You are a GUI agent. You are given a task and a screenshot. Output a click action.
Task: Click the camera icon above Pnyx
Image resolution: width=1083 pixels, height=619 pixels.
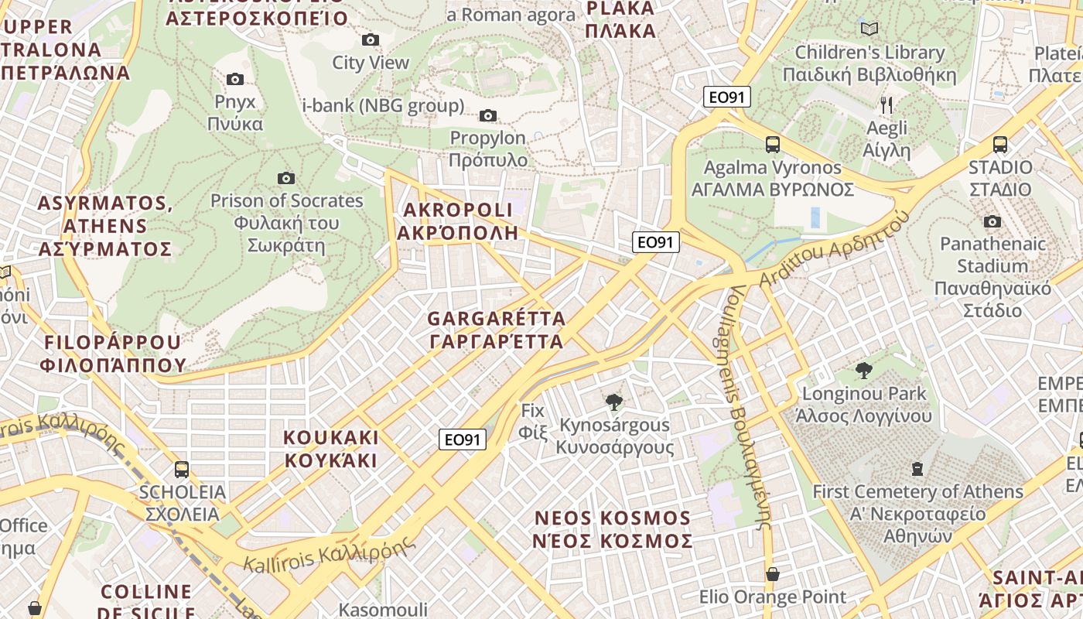click(x=235, y=79)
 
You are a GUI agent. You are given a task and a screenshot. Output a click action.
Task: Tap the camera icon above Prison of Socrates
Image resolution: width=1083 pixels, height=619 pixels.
click(x=286, y=178)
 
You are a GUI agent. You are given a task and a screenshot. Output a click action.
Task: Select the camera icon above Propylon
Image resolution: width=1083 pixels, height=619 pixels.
click(x=487, y=116)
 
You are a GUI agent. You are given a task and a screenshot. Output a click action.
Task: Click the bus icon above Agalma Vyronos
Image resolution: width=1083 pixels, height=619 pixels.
click(x=772, y=144)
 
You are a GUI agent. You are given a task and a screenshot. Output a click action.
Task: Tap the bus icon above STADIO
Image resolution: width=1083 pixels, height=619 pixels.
click(x=999, y=144)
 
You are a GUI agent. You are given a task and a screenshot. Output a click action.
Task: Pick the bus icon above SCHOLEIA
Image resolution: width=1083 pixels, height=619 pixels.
click(x=182, y=469)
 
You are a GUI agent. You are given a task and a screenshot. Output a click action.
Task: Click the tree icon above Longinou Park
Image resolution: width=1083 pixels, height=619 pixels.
click(x=863, y=371)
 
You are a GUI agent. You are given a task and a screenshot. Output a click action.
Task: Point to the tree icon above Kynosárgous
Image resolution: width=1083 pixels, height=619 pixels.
click(x=614, y=402)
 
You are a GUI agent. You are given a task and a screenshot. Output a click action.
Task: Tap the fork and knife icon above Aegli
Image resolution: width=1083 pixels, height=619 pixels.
click(x=887, y=105)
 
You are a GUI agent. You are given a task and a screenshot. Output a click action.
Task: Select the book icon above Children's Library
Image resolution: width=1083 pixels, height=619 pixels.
click(x=869, y=29)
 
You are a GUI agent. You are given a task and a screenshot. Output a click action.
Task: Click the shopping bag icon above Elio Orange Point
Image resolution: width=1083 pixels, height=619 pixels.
click(x=772, y=574)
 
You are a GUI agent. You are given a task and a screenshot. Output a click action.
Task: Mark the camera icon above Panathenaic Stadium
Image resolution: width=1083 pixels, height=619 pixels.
click(x=992, y=222)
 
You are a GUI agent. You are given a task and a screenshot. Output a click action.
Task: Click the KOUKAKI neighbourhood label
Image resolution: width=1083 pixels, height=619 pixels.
click(x=330, y=449)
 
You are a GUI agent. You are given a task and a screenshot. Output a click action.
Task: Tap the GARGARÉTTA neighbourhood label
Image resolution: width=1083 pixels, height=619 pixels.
click(x=496, y=330)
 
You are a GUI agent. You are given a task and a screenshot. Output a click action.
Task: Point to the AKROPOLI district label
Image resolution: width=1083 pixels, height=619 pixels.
click(x=457, y=221)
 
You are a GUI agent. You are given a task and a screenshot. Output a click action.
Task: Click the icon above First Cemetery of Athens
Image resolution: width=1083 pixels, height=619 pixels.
click(x=917, y=468)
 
